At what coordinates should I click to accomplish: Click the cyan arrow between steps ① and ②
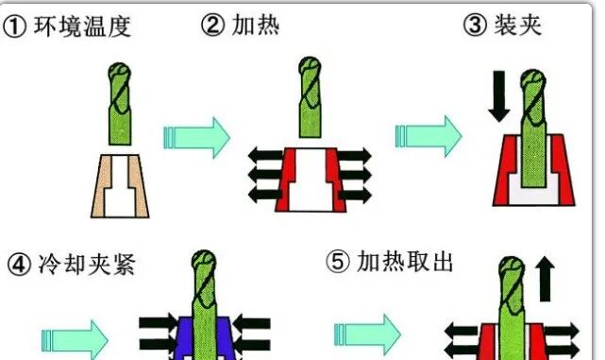[x=196, y=136]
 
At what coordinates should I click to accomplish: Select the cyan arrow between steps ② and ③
[x=429, y=136]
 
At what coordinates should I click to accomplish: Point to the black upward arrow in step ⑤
[x=546, y=281]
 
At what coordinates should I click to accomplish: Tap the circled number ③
[x=475, y=26]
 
